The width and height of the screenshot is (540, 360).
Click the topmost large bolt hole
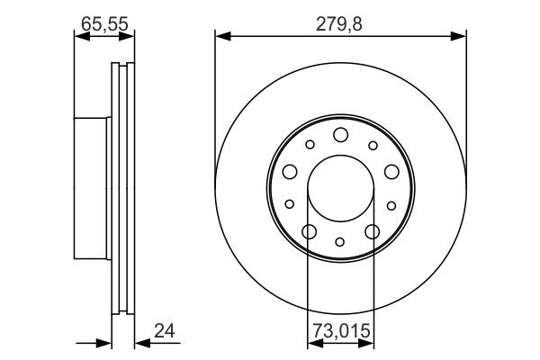click(x=340, y=135)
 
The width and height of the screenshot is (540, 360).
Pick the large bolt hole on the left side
click(x=290, y=173)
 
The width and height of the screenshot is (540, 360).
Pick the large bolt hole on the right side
click(x=391, y=172)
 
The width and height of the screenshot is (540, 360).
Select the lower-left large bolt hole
click(x=309, y=232)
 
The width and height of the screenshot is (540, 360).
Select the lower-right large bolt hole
click(x=372, y=232)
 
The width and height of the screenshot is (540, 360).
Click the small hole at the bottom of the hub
click(x=340, y=241)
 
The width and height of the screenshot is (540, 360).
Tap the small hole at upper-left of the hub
click(x=310, y=144)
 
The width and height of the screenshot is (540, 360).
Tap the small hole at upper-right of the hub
click(x=371, y=144)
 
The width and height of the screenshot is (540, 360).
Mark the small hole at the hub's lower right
click(x=391, y=204)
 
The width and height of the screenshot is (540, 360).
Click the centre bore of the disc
click(x=340, y=189)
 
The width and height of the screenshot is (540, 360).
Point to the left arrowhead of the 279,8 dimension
click(x=220, y=36)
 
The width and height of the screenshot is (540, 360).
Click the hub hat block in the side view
click(x=91, y=188)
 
